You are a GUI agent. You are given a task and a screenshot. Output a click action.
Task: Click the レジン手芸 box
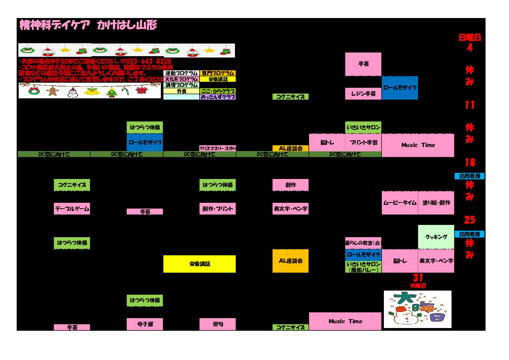point(363,94)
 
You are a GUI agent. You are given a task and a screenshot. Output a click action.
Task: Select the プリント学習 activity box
point(363,143)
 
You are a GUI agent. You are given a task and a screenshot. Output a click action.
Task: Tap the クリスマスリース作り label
point(218,148)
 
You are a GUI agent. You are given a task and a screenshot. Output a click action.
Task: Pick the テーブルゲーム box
point(72,209)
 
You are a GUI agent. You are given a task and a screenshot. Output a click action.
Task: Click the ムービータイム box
point(400,203)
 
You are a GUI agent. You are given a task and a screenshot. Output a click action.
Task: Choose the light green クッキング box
point(436,237)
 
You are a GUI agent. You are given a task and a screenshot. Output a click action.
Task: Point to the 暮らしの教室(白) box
point(363,243)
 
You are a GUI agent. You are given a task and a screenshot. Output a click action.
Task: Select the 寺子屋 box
point(145,324)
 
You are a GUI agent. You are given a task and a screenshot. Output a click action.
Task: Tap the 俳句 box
point(218,324)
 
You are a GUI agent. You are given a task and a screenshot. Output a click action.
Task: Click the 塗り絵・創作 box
point(436,203)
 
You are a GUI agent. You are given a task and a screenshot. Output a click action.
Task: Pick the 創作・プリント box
point(218,209)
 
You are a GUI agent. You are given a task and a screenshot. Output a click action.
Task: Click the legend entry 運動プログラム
point(181,73)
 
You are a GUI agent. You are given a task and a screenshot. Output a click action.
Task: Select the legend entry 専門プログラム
point(218,73)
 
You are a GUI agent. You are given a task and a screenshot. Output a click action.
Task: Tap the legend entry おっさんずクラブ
point(218,97)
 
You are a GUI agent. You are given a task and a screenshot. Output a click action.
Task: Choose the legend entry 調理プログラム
point(181,85)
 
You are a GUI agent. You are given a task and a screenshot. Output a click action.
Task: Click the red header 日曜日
point(470,37)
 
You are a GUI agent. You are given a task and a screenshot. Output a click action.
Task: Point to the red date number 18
point(470,162)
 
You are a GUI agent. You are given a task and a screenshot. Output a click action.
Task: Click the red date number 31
point(418,278)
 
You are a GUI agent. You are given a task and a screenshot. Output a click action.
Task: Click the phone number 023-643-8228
point(149,62)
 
